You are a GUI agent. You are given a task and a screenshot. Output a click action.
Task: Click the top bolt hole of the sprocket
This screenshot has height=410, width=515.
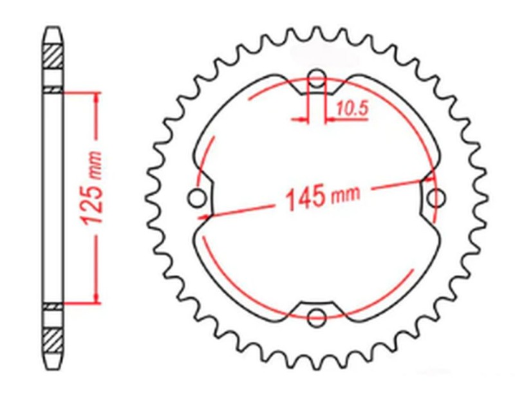click(x=316, y=80)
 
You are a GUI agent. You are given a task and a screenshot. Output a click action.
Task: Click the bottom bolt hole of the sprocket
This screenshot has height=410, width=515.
click(x=316, y=317)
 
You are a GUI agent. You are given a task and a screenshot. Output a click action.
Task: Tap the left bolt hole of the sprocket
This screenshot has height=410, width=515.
click(x=197, y=198)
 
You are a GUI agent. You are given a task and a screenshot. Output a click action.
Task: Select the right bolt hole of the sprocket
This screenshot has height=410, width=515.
click(x=438, y=196)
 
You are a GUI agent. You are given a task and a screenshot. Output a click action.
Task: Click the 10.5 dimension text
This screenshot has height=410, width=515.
click(x=351, y=109)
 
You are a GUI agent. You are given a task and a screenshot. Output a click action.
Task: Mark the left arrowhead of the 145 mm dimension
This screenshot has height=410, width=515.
click(x=204, y=216)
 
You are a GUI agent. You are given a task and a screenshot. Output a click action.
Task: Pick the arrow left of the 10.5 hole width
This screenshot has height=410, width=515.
click(x=302, y=119)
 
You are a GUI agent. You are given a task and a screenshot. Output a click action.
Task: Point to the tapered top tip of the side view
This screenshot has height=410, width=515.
click(x=53, y=31)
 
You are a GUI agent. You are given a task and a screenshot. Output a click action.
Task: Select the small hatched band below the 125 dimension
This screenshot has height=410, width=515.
click(x=53, y=307)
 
